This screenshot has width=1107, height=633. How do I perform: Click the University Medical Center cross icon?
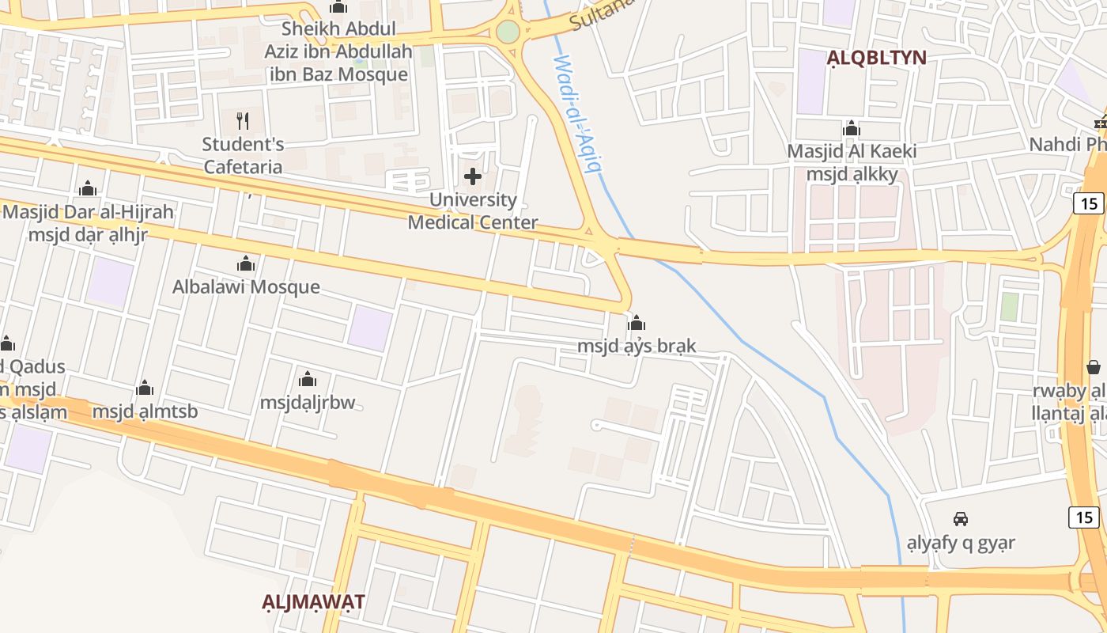473,176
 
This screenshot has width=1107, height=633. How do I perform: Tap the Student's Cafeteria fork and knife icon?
243,121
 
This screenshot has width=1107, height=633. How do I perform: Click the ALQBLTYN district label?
876,57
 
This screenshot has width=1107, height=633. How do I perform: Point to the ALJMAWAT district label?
313,601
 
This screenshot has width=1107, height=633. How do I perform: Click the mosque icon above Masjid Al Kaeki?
852,128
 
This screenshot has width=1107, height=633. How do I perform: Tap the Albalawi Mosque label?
246,286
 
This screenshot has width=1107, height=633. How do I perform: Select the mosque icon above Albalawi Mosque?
246,263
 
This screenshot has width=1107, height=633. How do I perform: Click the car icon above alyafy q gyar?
961,519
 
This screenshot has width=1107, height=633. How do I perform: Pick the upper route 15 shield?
1090,203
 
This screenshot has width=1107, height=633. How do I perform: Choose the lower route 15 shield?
1083,517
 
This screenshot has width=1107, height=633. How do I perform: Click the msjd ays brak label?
637,346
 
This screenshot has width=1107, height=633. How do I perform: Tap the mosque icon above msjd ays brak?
637,323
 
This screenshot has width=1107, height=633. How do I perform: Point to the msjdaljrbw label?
308,403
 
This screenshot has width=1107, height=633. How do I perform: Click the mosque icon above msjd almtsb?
145,388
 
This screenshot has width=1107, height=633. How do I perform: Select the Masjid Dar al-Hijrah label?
88,212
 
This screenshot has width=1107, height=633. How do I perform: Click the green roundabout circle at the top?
508,32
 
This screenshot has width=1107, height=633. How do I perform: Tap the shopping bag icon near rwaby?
1094,367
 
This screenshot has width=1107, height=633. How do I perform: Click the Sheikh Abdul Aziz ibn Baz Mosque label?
339,52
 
